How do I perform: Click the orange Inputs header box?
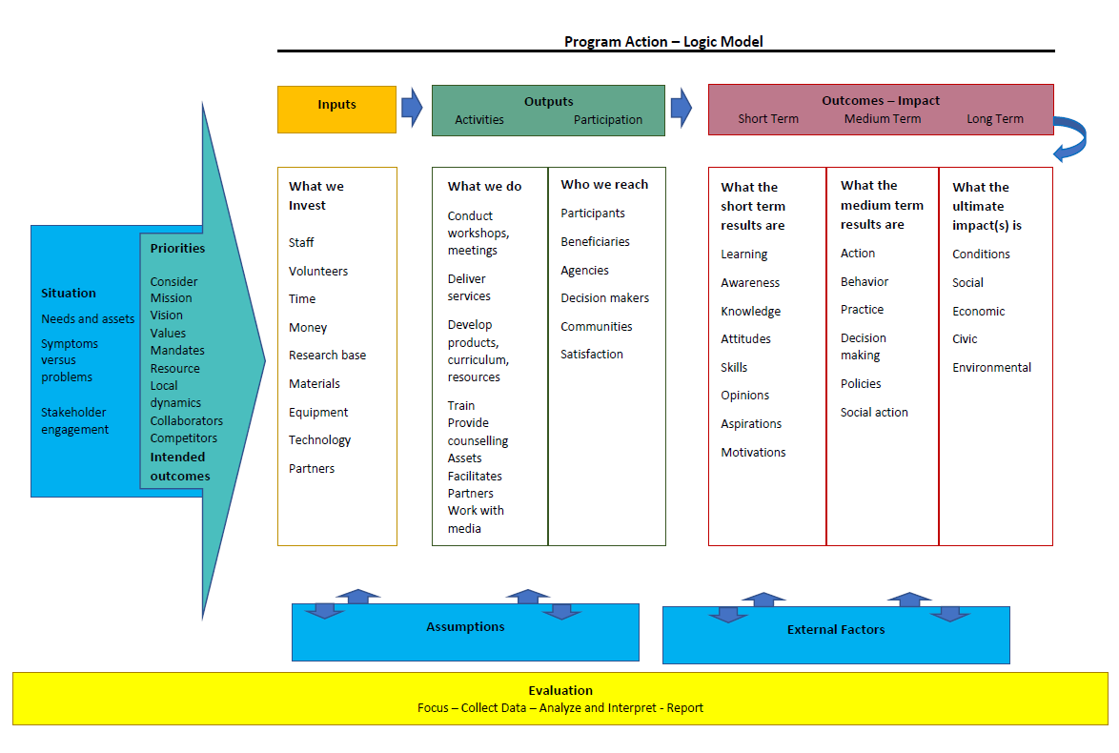(336, 109)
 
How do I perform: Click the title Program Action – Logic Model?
(663, 41)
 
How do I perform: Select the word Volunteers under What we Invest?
(318, 271)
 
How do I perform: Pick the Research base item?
(327, 355)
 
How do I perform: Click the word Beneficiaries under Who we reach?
(595, 241)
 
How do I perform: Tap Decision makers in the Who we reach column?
(604, 297)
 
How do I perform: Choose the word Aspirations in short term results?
(751, 423)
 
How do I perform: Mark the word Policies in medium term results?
(861, 383)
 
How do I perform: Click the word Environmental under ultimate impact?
(991, 367)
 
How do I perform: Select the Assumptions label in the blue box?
(465, 626)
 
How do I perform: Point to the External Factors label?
(836, 629)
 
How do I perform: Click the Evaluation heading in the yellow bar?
(560, 690)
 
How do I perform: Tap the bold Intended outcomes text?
(180, 466)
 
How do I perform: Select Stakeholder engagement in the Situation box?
(74, 420)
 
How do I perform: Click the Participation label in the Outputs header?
(608, 120)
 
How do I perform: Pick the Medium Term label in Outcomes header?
(883, 119)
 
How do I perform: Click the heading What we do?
(485, 186)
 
